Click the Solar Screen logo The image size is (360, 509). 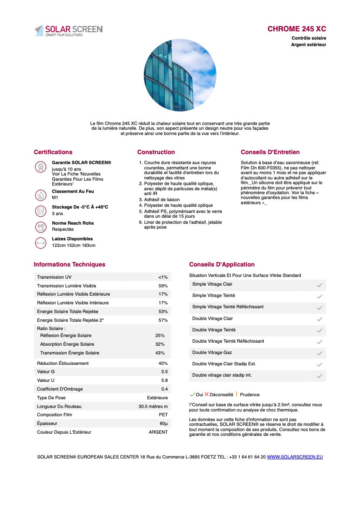(68, 30)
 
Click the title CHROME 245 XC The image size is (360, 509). (296, 29)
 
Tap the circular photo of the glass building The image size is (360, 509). (180, 75)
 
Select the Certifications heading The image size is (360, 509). (53, 152)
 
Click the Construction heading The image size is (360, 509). (156, 152)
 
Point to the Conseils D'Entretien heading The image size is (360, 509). (270, 152)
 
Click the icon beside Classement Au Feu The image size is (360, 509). (41, 195)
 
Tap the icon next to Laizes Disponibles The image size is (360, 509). (41, 243)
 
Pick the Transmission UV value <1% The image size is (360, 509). (163, 277)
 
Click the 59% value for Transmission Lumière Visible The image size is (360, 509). (163, 286)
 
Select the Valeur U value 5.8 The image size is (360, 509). (164, 381)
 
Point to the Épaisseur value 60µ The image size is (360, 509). (163, 424)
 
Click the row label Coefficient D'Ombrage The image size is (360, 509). (60, 389)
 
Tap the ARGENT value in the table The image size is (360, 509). (158, 432)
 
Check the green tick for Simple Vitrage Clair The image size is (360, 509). (319, 285)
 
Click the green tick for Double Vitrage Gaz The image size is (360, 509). (319, 353)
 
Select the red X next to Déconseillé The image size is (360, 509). (207, 394)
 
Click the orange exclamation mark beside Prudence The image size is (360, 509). (237, 394)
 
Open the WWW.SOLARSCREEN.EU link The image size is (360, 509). (295, 457)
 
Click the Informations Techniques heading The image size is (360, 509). (69, 264)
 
